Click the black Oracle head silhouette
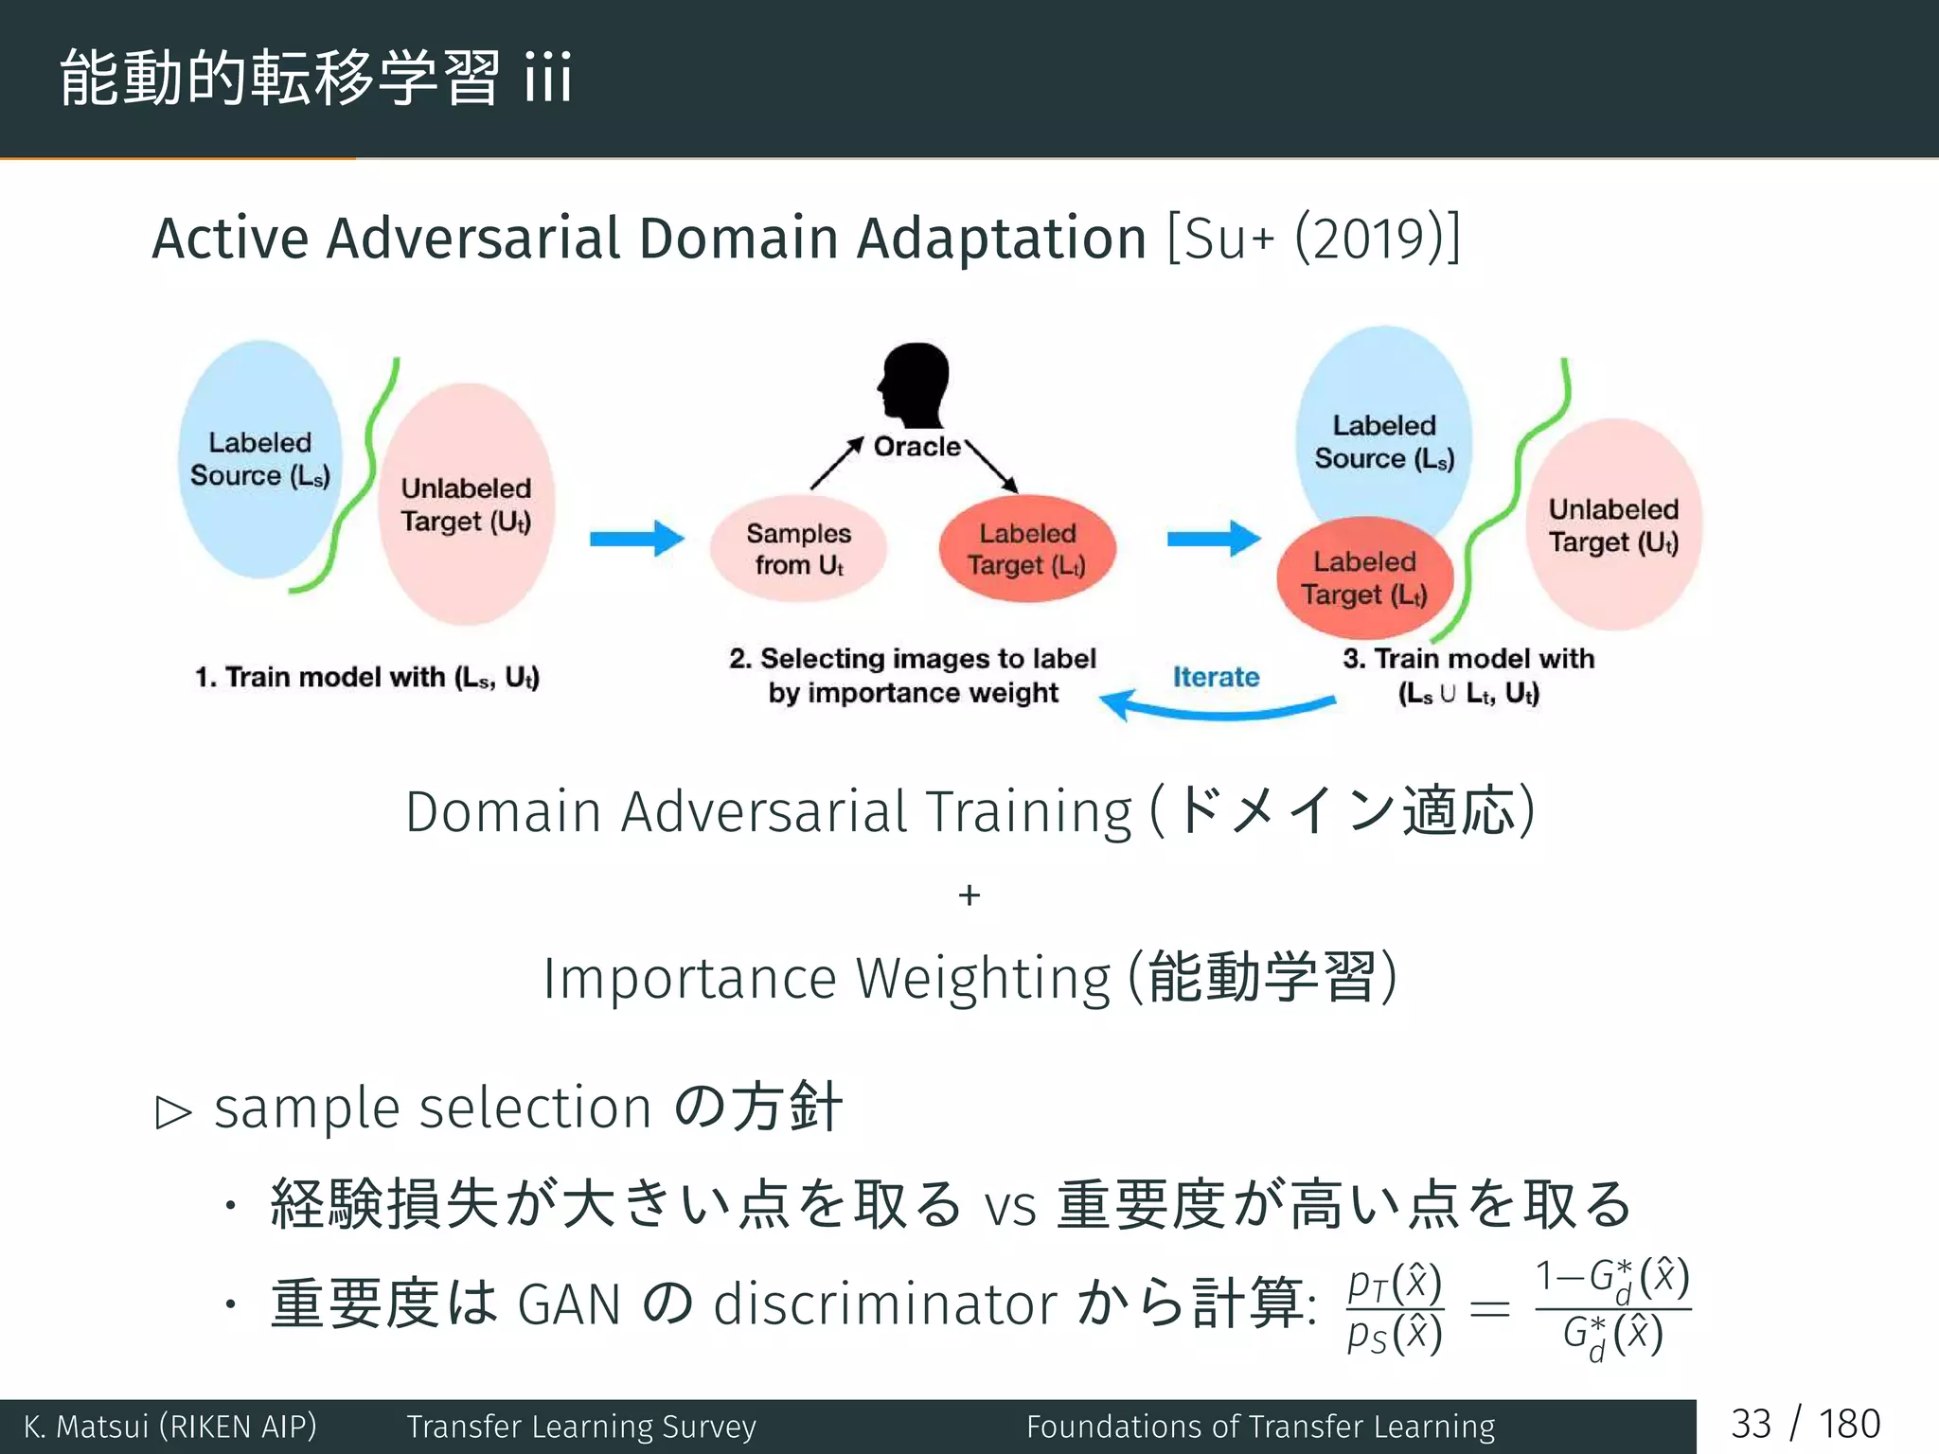(914, 383)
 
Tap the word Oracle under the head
(916, 447)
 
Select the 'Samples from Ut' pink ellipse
(798, 549)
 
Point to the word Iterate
(1216, 677)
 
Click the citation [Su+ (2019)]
(1314, 238)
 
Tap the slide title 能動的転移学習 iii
(315, 78)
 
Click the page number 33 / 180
(1805, 1425)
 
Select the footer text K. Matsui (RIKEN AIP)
(170, 1426)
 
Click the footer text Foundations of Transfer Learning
(1260, 1426)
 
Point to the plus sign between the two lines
(969, 895)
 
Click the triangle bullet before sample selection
(173, 1112)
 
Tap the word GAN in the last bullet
(569, 1304)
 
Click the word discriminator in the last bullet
(885, 1304)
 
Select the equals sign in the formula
(1488, 1309)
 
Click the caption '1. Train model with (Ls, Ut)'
(367, 678)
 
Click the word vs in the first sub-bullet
(1010, 1207)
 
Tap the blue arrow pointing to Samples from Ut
(636, 539)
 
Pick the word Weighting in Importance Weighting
(982, 978)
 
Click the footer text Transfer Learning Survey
(581, 1426)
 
